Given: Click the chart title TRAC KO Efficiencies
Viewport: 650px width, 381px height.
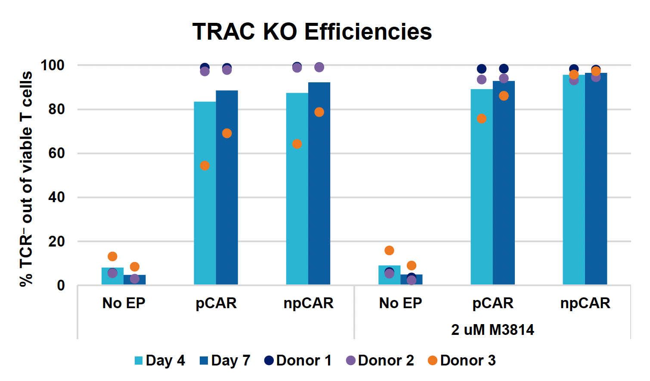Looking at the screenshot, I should coord(312,32).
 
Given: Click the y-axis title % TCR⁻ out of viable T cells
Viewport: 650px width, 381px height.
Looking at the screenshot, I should coord(26,179).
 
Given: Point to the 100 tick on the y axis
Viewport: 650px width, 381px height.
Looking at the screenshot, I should coord(52,66).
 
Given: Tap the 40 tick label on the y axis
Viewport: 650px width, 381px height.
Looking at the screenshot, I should coord(56,197).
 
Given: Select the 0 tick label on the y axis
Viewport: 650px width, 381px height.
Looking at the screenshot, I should coord(61,285).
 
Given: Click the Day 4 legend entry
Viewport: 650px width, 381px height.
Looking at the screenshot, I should coord(160,360).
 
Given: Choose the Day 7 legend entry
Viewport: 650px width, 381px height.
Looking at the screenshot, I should coord(225,360).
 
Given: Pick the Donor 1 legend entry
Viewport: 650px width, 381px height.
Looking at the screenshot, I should coord(298,360).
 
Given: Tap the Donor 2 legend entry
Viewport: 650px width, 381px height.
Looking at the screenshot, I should coord(380,360).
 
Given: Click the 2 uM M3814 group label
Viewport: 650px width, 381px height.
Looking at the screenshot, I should coord(492,330).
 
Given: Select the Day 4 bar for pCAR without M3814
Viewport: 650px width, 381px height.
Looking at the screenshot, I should coord(205,194).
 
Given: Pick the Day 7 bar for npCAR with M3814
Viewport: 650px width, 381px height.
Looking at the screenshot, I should coord(596,181).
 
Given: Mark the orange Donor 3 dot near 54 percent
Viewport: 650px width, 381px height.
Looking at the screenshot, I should coord(205,166).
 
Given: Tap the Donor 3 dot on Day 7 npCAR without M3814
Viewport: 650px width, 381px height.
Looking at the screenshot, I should coord(319,112).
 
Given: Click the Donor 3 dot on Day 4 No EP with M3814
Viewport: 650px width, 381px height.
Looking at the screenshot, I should coord(389,250).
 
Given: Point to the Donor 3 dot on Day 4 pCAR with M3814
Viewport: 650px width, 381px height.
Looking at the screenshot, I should coord(482,119).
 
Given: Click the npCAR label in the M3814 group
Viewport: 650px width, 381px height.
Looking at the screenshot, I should coord(585,303).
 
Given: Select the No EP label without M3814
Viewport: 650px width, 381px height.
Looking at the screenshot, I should coord(124,303).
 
